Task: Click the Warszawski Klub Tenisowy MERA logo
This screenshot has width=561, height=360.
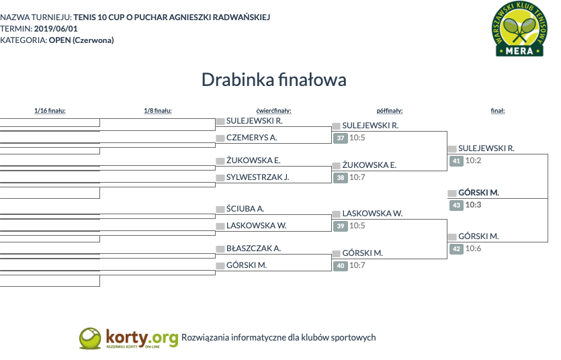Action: (519, 29)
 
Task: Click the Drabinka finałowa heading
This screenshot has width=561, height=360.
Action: (274, 80)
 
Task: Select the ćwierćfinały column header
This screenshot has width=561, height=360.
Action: (273, 111)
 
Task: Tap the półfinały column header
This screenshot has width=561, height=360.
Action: (390, 111)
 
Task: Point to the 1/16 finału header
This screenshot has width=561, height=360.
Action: (50, 111)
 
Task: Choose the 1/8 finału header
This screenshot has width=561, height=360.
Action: (158, 111)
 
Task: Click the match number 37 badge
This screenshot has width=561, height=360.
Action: (341, 138)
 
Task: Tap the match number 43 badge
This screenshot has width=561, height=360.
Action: (457, 206)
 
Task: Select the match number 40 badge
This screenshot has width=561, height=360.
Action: (341, 265)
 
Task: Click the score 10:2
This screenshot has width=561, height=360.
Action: (473, 161)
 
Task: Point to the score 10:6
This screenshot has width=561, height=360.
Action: (473, 249)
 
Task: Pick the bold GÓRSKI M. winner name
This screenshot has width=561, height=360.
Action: (479, 193)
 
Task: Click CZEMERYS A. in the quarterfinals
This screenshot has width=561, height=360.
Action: (251, 138)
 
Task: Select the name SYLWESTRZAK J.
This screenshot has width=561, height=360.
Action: (257, 177)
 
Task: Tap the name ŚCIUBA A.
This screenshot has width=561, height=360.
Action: (245, 208)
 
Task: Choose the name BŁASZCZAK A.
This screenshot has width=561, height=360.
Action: (253, 249)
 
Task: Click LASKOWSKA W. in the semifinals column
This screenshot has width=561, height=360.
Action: (372, 214)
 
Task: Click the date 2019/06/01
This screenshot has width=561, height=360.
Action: (56, 29)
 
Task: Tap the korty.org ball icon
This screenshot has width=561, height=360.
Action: (90, 339)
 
